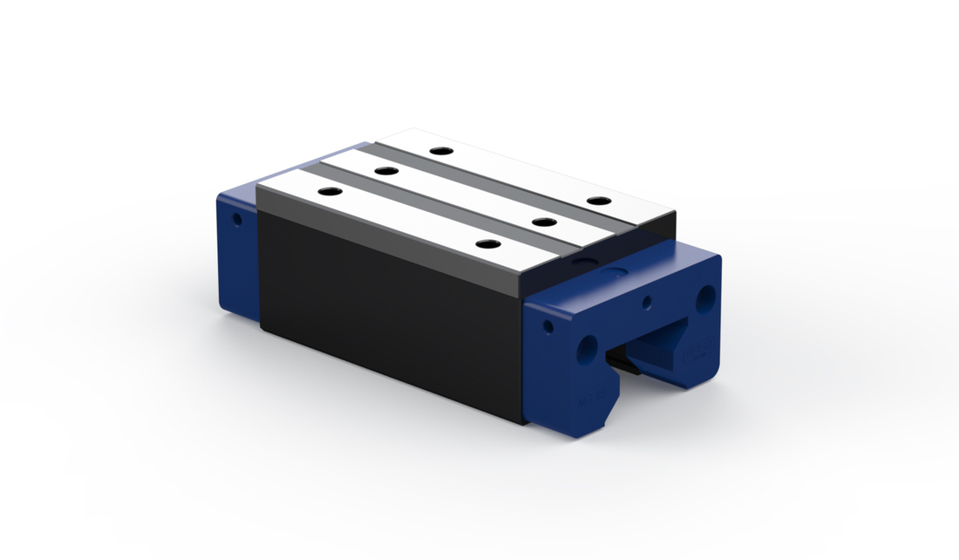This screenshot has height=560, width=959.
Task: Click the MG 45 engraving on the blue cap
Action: (x=586, y=402)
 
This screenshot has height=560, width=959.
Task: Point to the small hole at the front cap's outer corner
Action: (x=548, y=328)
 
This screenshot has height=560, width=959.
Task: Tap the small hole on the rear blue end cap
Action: (x=236, y=219)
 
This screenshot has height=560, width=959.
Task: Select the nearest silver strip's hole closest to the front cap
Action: (x=486, y=244)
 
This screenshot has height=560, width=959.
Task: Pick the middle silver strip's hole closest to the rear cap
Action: (x=383, y=170)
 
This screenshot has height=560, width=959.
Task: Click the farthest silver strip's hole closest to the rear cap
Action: (x=441, y=151)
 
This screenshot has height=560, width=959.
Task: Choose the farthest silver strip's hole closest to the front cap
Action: (x=597, y=201)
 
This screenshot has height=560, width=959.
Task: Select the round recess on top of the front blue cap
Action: (x=620, y=272)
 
